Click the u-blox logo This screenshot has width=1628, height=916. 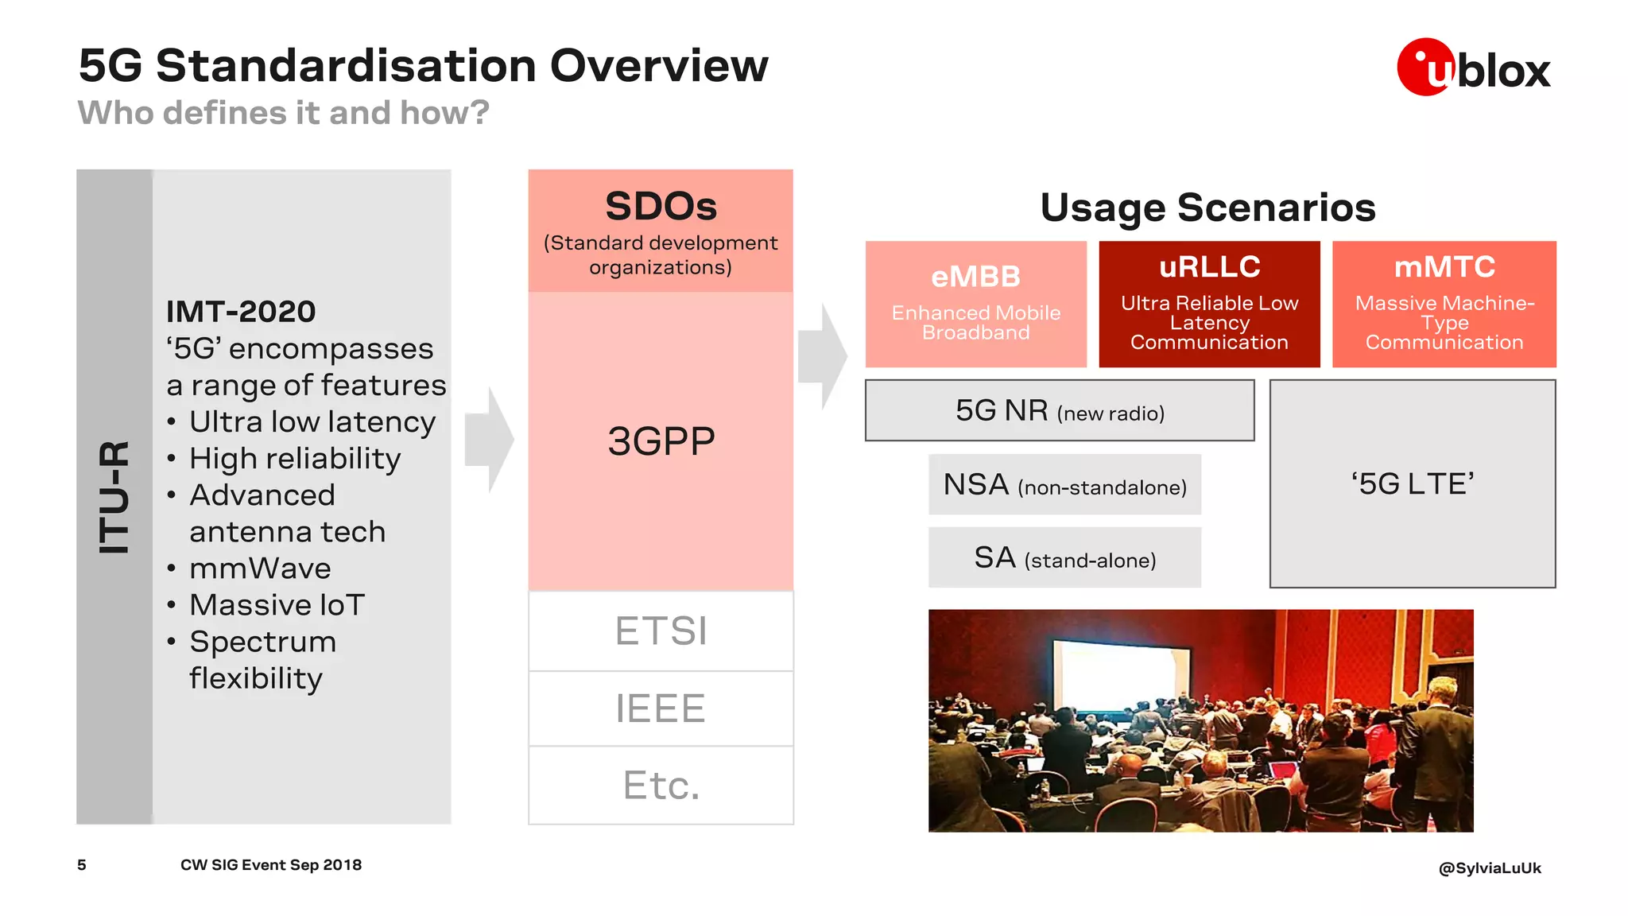point(1472,68)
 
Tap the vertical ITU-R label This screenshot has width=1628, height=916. point(114,497)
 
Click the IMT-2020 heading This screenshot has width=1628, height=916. point(241,312)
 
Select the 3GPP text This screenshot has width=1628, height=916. point(661,441)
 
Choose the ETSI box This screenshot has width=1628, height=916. point(661,631)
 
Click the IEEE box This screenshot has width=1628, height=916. point(661,708)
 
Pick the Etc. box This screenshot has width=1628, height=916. point(661,786)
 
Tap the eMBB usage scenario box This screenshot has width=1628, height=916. point(975,305)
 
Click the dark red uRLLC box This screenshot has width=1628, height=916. point(1209,305)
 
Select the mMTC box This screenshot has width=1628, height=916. point(1444,305)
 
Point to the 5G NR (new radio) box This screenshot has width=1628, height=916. point(1060,411)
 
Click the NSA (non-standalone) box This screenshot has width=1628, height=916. point(1064,485)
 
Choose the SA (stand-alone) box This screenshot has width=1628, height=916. point(1064,558)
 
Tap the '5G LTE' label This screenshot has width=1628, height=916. point(1412,483)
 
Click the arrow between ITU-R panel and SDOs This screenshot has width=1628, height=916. point(490,440)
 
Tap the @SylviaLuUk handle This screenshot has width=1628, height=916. point(1489,868)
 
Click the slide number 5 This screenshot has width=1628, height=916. point(82,865)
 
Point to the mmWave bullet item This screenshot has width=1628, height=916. point(260,569)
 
